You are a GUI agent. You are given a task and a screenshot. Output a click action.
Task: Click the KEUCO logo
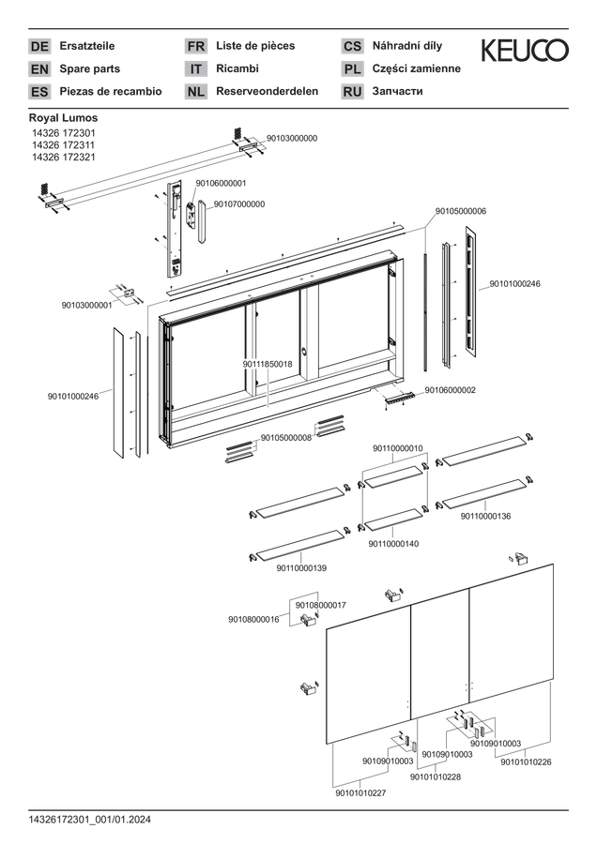[525, 50]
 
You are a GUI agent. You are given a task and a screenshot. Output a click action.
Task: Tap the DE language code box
[39, 46]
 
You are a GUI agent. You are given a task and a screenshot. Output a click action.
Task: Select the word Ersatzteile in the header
[86, 46]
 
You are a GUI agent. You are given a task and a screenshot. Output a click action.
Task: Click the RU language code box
[352, 92]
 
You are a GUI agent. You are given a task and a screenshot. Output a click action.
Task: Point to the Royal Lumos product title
[64, 118]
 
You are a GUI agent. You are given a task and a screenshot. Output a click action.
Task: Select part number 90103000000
[292, 139]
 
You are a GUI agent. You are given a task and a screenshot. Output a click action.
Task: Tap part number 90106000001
[221, 183]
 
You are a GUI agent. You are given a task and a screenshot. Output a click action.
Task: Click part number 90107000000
[239, 204]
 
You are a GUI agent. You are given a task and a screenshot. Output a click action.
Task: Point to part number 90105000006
[461, 212]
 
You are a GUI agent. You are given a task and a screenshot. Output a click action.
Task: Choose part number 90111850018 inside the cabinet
[268, 365]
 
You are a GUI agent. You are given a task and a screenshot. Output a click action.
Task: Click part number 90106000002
[451, 390]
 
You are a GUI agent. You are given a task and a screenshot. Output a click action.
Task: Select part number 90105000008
[286, 438]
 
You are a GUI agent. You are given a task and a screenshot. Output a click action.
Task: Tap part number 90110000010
[398, 448]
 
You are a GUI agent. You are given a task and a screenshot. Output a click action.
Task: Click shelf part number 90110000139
[301, 568]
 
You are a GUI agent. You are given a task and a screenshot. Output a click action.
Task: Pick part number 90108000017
[321, 605]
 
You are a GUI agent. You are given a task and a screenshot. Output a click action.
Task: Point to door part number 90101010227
[361, 792]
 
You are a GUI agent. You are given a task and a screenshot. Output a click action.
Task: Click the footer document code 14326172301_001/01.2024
[90, 821]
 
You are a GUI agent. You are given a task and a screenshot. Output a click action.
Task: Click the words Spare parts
[90, 68]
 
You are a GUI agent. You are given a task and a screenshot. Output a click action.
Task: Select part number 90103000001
[86, 305]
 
